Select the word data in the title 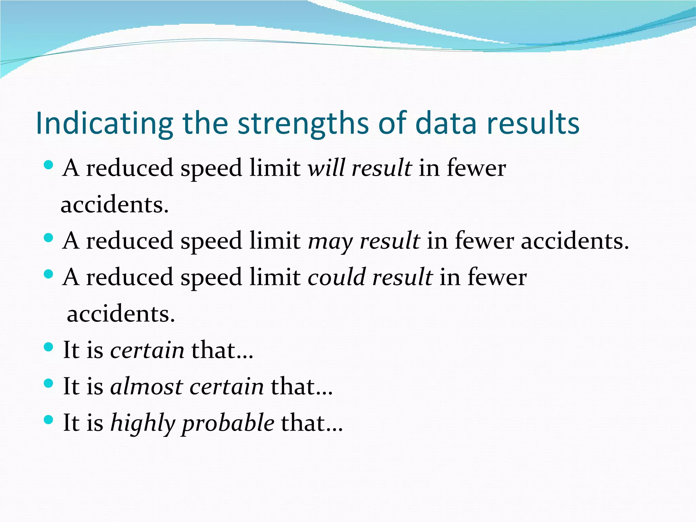446,123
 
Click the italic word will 326,168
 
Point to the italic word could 336,277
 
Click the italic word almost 146,386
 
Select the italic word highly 143,423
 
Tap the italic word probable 228,423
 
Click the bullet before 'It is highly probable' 49,420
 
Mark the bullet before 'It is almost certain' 49,383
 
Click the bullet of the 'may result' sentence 49,238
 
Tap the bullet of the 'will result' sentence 49,165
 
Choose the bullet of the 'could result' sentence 49,274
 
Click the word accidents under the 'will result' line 115,205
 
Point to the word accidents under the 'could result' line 121,314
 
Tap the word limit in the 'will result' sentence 275,168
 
